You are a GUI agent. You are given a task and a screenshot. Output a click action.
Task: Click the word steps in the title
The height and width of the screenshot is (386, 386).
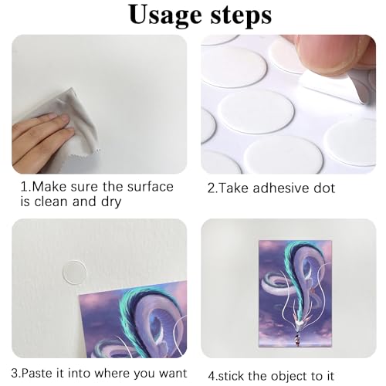pyautogui.click(x=241, y=15)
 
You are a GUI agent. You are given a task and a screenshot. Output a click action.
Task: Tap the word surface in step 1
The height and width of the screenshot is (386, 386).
pyautogui.click(x=151, y=187)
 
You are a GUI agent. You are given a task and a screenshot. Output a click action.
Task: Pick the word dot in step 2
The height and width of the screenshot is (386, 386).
pyautogui.click(x=324, y=188)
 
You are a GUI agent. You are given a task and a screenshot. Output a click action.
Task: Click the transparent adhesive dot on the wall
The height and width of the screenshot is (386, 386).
pyautogui.click(x=75, y=273)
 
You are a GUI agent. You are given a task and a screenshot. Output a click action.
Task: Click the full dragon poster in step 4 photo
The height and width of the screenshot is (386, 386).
pyautogui.click(x=295, y=293)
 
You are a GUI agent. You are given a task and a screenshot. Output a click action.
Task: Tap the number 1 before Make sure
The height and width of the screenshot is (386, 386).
pyautogui.click(x=24, y=187)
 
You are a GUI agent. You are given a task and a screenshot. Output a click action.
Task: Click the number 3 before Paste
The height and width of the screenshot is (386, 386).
pyautogui.click(x=15, y=373)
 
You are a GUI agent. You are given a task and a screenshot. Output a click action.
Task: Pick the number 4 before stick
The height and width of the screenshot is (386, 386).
pyautogui.click(x=212, y=376)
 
